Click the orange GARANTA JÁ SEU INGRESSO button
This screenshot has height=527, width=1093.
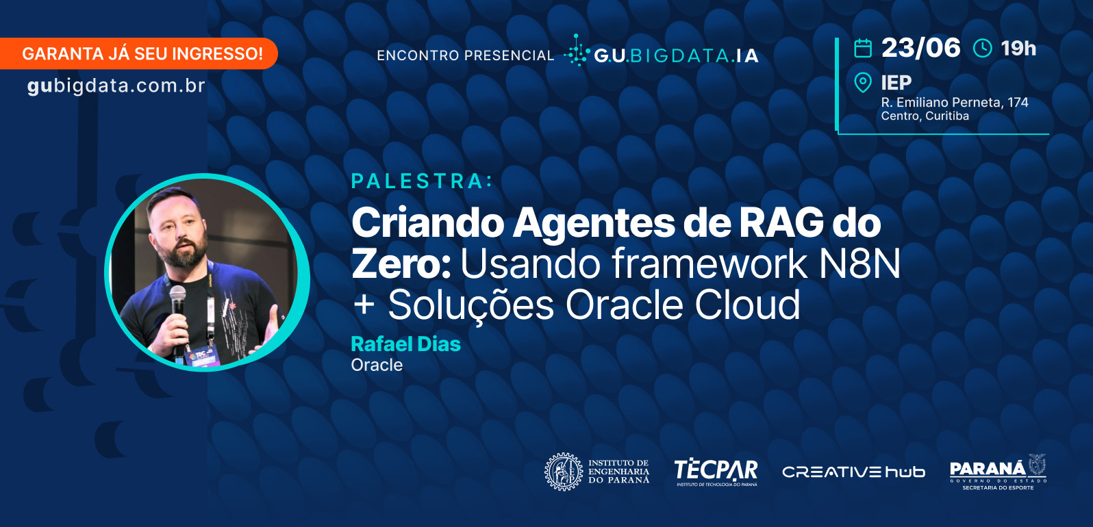[x=138, y=53]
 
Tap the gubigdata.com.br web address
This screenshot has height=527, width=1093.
[x=116, y=86]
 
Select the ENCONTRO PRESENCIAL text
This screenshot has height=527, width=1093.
[x=466, y=55]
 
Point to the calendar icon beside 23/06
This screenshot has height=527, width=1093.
[x=863, y=49]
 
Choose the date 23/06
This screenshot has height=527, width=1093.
[x=920, y=48]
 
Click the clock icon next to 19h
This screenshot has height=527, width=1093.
[x=983, y=49]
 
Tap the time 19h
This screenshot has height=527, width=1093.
[x=1018, y=49]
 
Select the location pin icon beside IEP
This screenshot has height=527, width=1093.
[x=863, y=82]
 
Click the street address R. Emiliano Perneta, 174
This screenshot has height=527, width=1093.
[x=955, y=103]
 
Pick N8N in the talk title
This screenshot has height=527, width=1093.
[x=859, y=263]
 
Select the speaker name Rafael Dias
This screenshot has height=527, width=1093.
[x=405, y=344]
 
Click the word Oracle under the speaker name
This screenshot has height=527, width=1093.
[x=377, y=365]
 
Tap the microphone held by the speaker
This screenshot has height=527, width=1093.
[x=177, y=312]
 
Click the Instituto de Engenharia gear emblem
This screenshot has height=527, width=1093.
[x=564, y=472]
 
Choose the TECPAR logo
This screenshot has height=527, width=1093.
[x=716, y=472]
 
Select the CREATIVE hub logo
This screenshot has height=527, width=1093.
[x=853, y=472]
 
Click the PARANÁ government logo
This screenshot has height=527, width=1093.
[x=998, y=472]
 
